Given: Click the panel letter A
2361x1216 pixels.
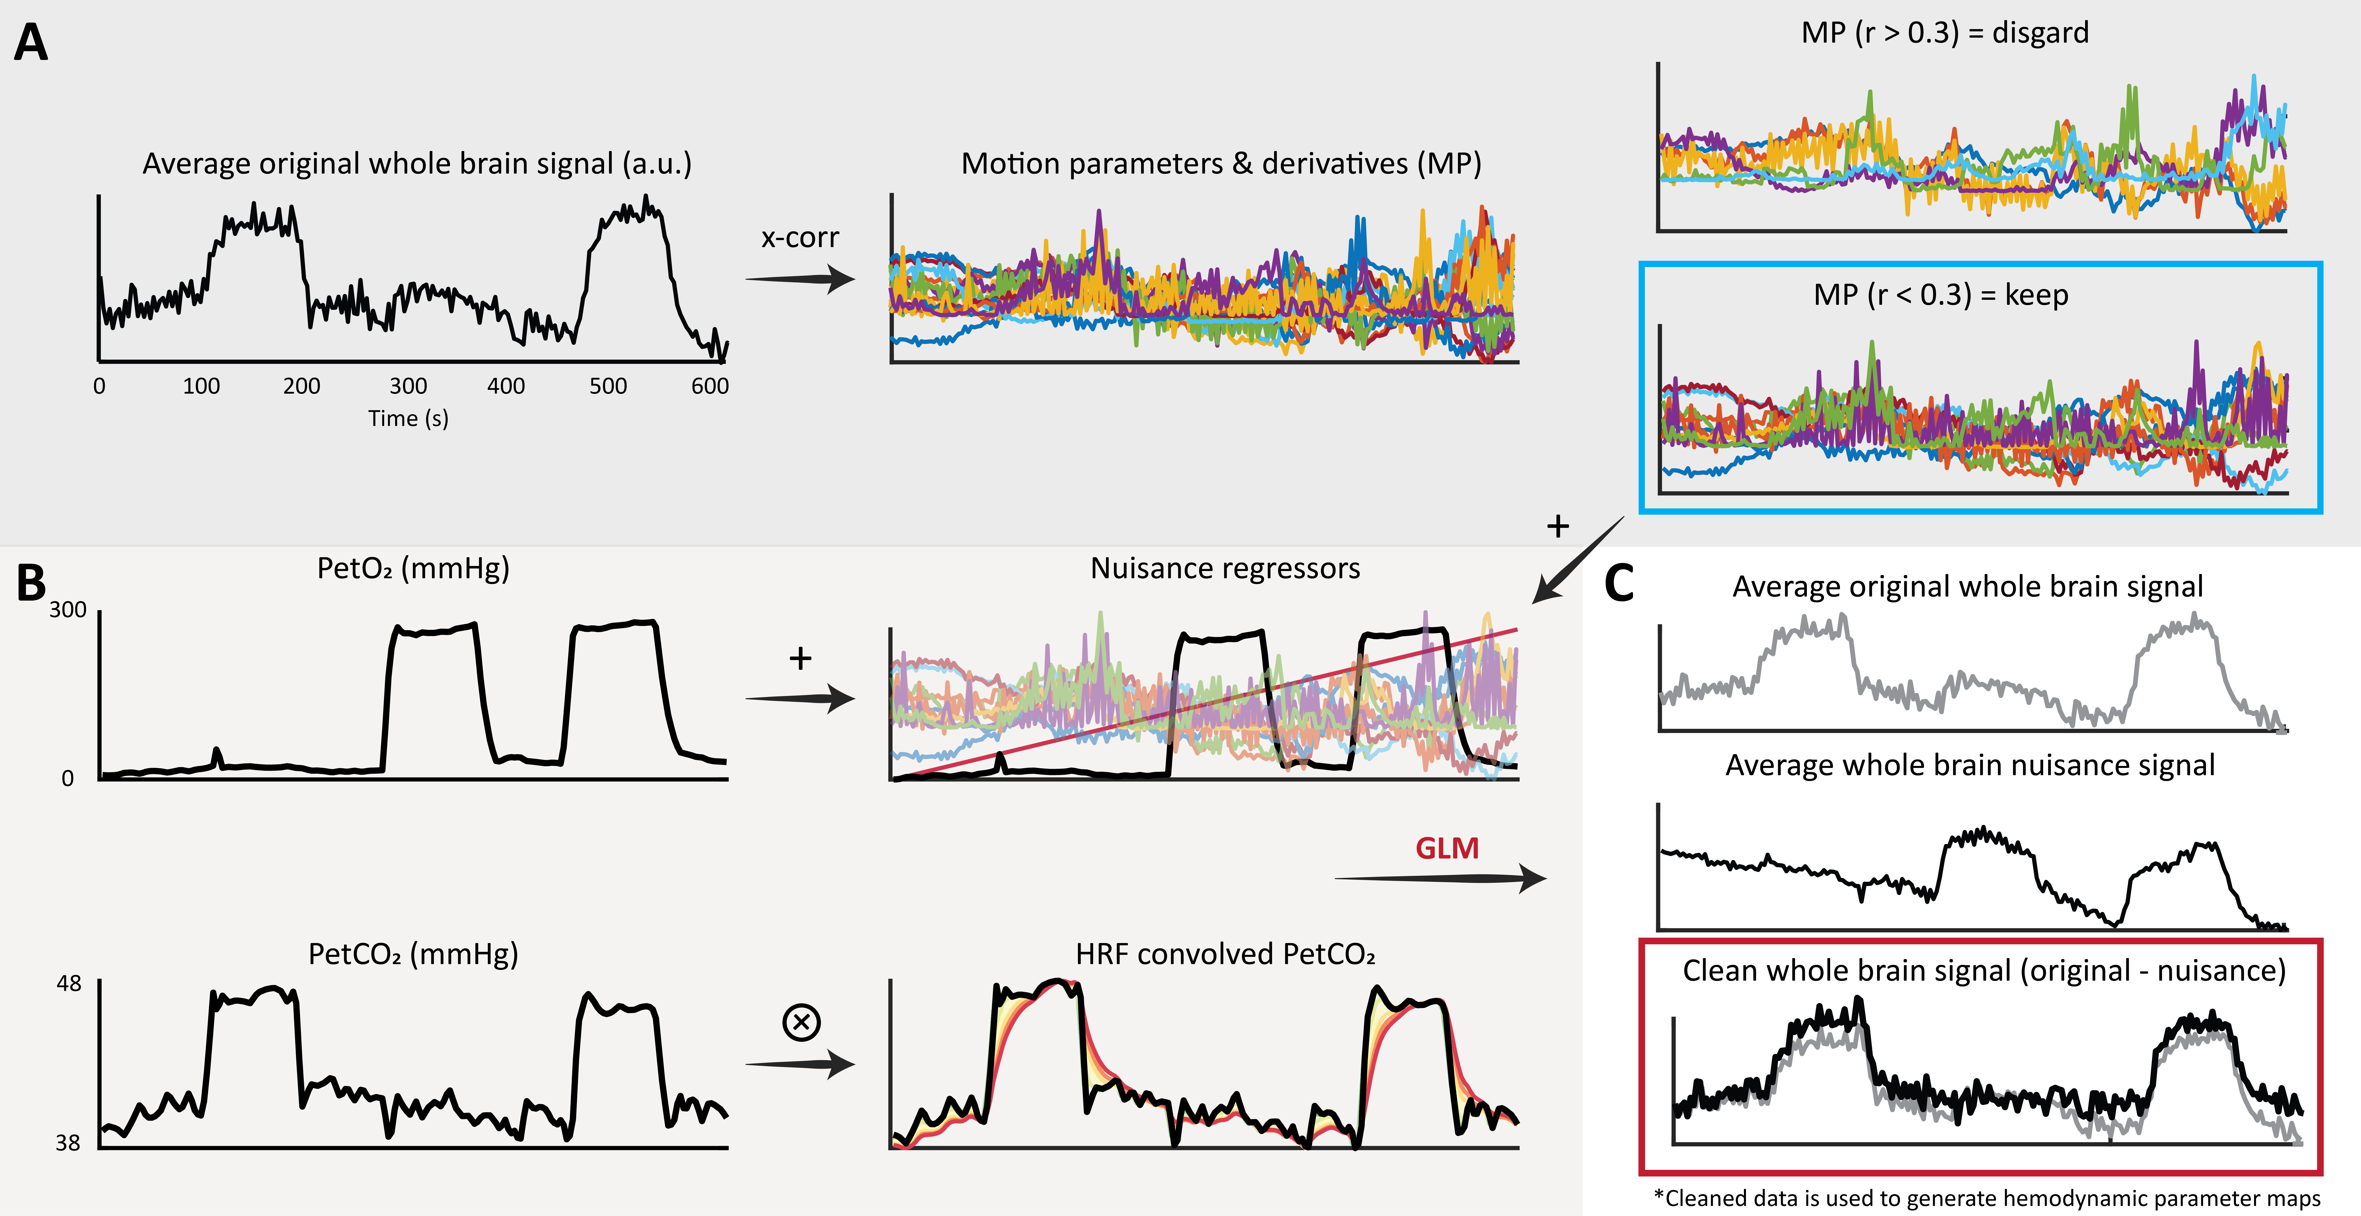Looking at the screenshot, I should coord(31,43).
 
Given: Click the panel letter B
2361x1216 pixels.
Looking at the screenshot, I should coord(31,583).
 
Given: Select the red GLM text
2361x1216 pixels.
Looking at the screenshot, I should coord(1446,848).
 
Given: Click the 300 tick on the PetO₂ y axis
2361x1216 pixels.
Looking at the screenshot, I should coord(68,610).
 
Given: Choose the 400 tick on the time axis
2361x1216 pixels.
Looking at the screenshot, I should coord(506,386).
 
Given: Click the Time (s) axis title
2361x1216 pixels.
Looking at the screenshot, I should coord(408,419).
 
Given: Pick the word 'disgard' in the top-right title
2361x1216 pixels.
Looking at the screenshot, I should coord(2040,33).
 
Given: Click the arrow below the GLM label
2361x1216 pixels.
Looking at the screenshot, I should coord(1439,879).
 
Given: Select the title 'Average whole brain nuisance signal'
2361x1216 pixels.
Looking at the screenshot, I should coord(1970,765).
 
